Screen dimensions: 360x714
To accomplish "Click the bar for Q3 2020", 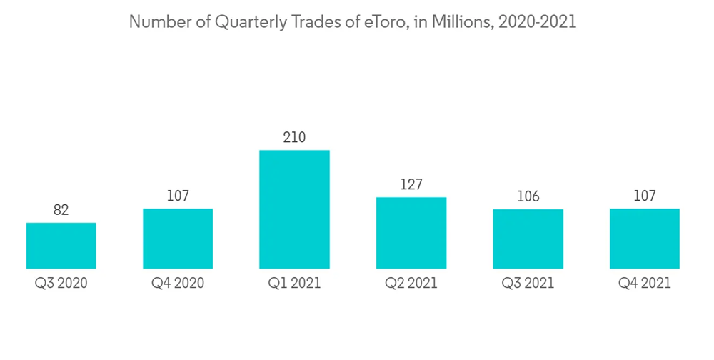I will tap(61, 246).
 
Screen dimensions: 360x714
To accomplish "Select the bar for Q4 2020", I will tap(178, 239).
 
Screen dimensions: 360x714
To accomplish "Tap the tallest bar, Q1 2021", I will tap(294, 209).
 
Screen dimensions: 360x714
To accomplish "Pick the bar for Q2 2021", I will tap(411, 233).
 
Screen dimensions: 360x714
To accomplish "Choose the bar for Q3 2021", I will tap(528, 239).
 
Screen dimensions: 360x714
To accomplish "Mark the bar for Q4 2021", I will tap(645, 239).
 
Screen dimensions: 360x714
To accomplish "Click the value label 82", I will tap(61, 210).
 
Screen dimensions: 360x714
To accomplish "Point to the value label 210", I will tap(294, 137).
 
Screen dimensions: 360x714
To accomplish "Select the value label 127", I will tap(411, 184).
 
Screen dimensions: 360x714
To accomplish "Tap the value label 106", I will tap(528, 196).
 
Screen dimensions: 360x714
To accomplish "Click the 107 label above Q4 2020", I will tap(178, 196).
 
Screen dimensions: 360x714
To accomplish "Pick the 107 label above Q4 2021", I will tap(645, 196).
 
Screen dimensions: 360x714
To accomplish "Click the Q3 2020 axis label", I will tap(61, 284).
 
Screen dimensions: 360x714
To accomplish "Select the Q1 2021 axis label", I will tap(294, 284).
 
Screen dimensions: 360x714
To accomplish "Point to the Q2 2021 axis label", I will tap(411, 284).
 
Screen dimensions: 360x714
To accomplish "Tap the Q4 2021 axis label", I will tap(645, 284).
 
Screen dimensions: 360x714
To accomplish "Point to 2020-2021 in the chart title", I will tap(538, 22).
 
